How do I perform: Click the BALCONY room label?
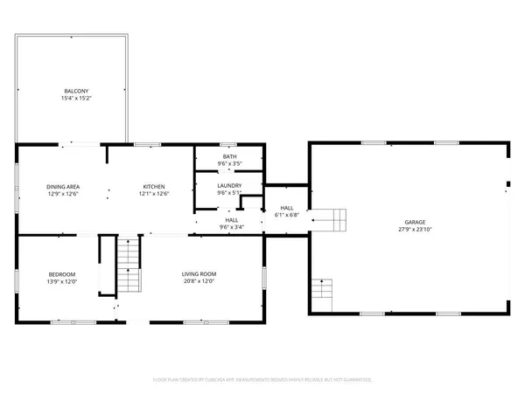tap(76, 91)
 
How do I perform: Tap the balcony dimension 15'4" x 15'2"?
tap(76, 98)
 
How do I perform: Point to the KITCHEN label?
tap(155, 187)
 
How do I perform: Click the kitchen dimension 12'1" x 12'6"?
tap(155, 194)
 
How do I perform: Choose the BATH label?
tap(229, 156)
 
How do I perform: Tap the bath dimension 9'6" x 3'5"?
tap(229, 163)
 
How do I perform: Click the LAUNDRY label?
tap(229, 185)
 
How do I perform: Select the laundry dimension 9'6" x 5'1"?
tap(229, 192)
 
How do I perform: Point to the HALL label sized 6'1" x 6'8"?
tap(287, 208)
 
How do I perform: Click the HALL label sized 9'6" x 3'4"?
tap(232, 220)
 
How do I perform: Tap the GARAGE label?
tap(410, 223)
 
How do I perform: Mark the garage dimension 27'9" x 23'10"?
tap(410, 230)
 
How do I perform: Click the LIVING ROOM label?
tap(199, 274)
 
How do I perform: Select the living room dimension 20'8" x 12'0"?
tap(199, 281)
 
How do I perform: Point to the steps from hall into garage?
tap(330, 220)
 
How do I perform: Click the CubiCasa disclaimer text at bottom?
tap(262, 380)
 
